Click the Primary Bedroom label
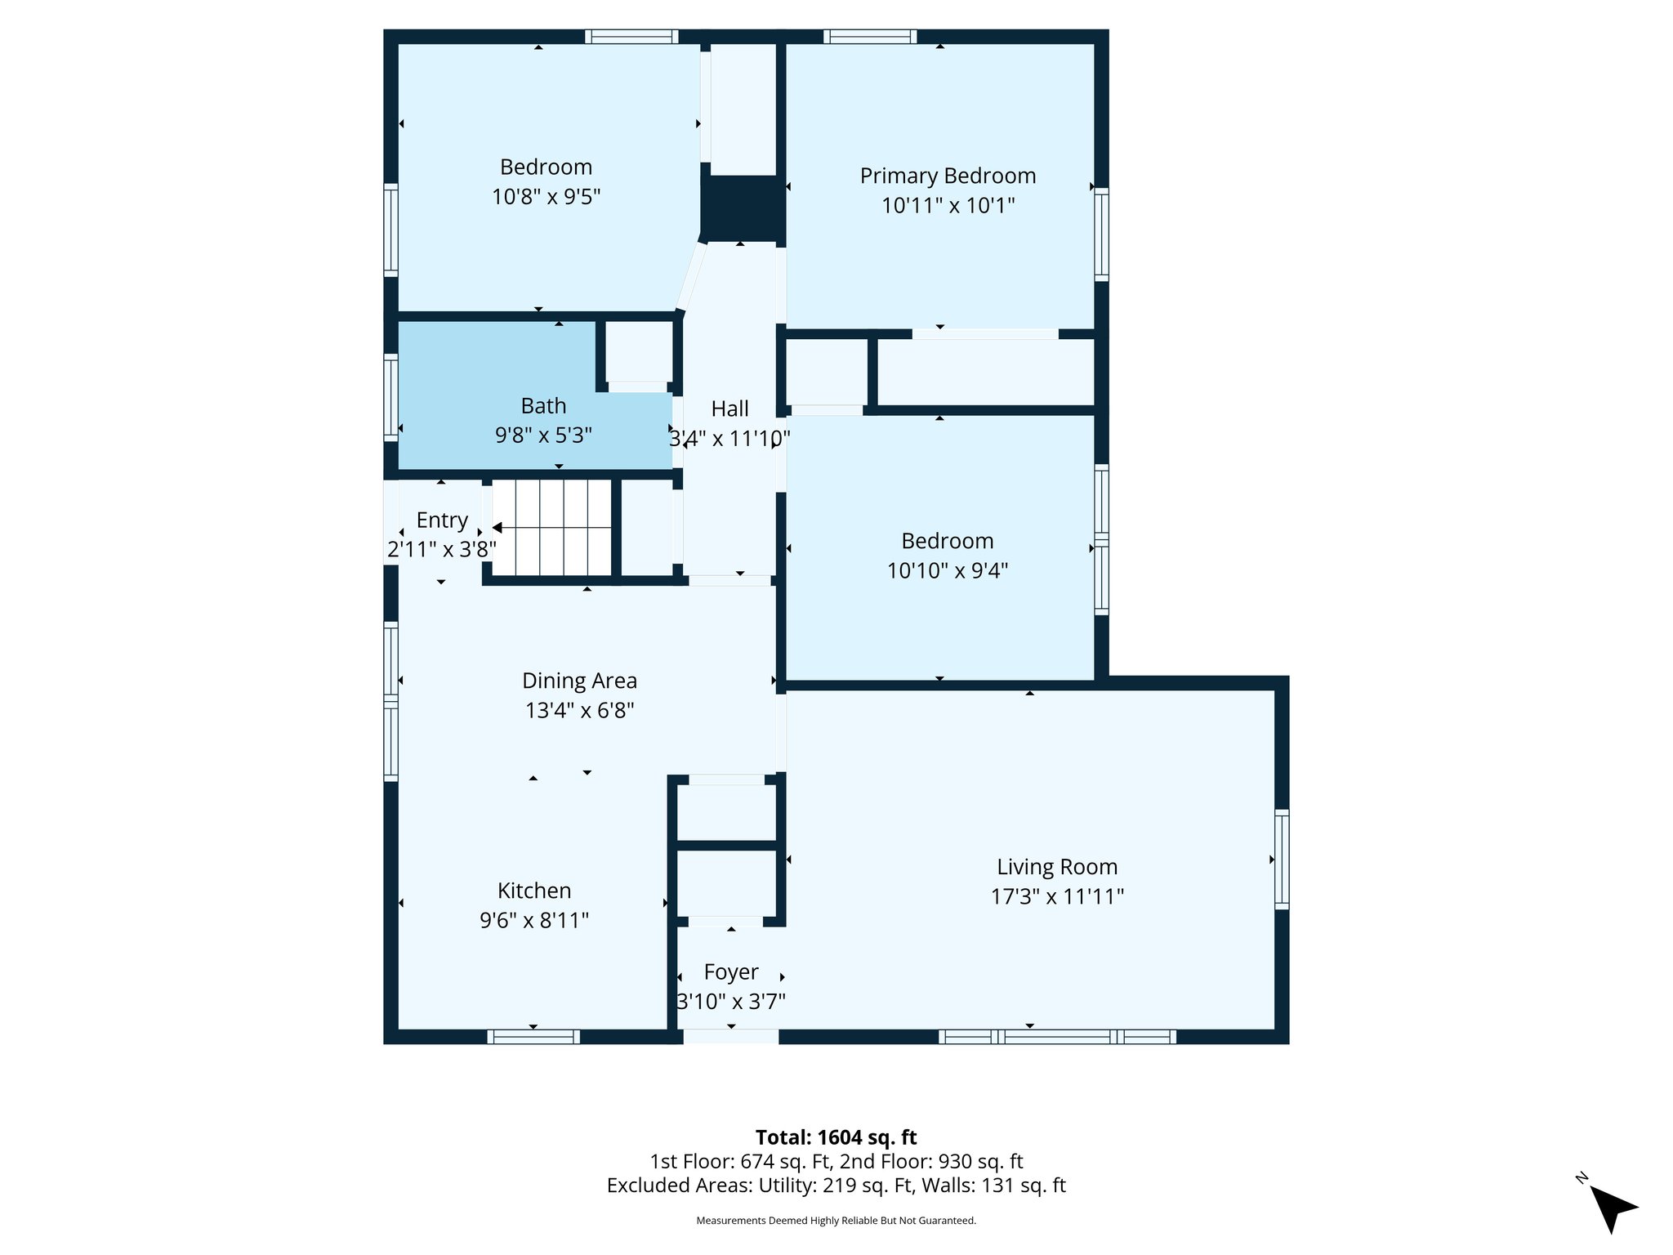tap(948, 176)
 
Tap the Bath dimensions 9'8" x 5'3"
tap(543, 435)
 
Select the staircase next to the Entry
tap(551, 528)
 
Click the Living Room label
tap(1056, 867)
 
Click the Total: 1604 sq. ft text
tap(836, 1137)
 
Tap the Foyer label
tap(731, 972)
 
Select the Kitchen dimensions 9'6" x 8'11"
tap(534, 921)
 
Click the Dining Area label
tap(579, 681)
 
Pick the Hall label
tap(729, 409)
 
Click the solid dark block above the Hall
tap(742, 208)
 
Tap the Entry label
tap(442, 520)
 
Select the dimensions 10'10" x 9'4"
tap(948, 570)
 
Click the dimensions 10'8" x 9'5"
tap(546, 197)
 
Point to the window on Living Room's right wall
tap(1282, 859)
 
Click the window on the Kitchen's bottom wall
tap(533, 1037)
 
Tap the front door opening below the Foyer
tap(730, 1037)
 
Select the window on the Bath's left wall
tap(391, 398)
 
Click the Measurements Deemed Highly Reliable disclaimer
tap(836, 1221)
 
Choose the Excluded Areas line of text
tap(836, 1186)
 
